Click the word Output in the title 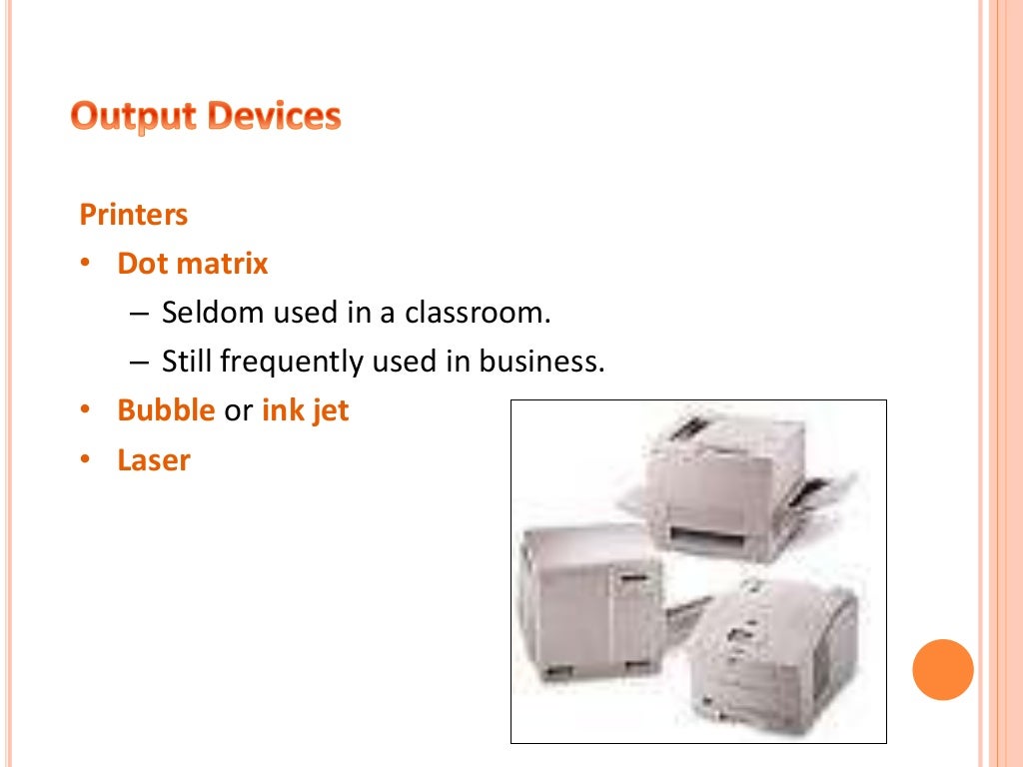134,118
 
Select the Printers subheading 134,215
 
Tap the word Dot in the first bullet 142,264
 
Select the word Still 187,362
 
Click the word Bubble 166,410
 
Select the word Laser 154,460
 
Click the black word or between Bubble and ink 238,411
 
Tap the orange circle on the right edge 942,669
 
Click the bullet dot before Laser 86,459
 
